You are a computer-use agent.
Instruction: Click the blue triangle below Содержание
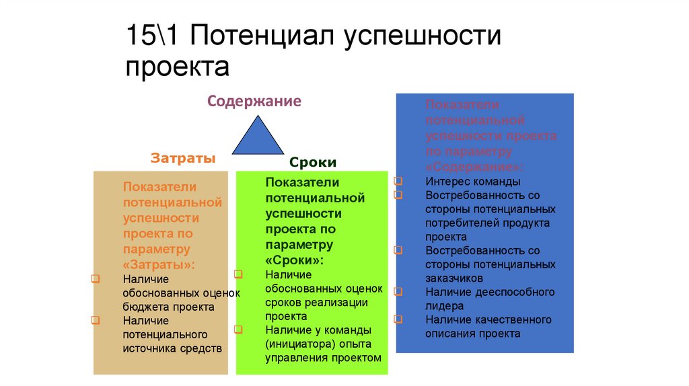(258, 137)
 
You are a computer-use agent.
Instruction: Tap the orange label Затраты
(183, 159)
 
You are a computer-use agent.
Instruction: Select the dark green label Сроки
(313, 163)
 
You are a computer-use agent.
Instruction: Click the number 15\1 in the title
(152, 36)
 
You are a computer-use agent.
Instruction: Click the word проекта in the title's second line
(177, 67)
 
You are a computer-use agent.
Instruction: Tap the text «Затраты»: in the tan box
(159, 264)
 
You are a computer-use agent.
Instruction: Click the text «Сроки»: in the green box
(294, 260)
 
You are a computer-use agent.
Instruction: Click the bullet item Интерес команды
(472, 182)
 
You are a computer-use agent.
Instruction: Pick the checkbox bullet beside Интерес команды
(398, 182)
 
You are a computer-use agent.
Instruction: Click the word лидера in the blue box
(444, 306)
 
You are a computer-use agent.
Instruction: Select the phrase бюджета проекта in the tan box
(168, 307)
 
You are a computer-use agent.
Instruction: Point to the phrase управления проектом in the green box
(323, 358)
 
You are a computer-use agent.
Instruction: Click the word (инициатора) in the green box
(295, 344)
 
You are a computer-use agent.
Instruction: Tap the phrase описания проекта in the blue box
(472, 334)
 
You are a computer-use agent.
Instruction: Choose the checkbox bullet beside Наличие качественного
(398, 319)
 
